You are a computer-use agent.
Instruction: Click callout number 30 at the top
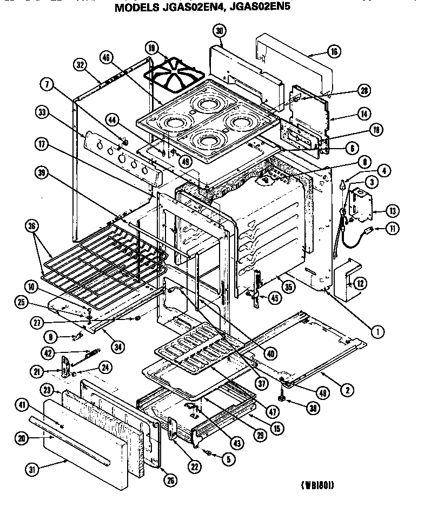coord(219,31)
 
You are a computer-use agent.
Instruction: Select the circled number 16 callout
coord(334,52)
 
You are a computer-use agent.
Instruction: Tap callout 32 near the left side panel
coord(80,65)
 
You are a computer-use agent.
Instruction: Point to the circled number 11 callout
coord(392,229)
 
